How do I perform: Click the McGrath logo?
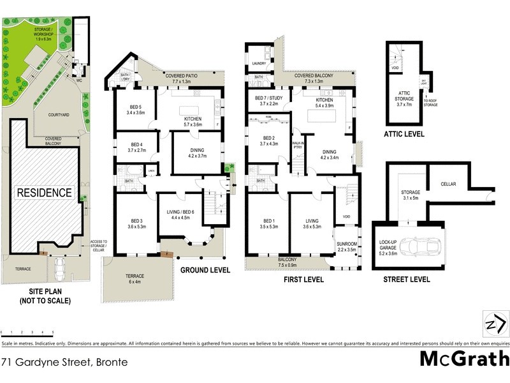pyautogui.click(x=463, y=359)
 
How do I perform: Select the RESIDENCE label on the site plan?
pyautogui.click(x=44, y=192)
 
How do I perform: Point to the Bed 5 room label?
pyautogui.click(x=136, y=109)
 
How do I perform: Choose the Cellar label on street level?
pyautogui.click(x=449, y=184)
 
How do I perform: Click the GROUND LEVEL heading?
pyautogui.click(x=205, y=270)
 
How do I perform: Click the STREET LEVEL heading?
pyautogui.click(x=406, y=280)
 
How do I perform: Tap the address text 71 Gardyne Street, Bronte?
pyautogui.click(x=64, y=362)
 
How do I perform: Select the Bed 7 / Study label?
pyautogui.click(x=267, y=100)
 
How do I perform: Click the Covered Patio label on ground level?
pyautogui.click(x=184, y=78)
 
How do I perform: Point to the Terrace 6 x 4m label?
pyautogui.click(x=135, y=280)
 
